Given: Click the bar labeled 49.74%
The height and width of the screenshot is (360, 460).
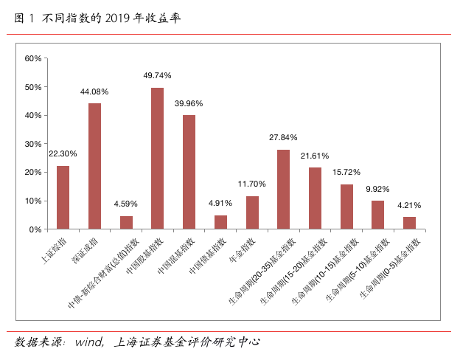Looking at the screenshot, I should pos(157,159).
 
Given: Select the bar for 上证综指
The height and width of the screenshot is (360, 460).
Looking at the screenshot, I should pos(63,198).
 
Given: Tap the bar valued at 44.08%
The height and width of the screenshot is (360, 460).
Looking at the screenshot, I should pos(94,167).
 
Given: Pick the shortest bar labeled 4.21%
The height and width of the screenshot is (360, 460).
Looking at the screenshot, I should pos(409,224).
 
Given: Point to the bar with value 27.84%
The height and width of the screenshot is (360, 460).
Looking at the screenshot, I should pos(283,190).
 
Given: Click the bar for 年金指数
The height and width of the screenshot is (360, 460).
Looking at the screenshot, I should pos(252,212).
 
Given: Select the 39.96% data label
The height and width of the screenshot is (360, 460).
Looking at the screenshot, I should pos(189,103).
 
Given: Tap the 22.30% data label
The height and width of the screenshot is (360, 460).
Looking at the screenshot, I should pos(63,153).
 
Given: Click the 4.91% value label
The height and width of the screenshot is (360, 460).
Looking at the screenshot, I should pos(220,203).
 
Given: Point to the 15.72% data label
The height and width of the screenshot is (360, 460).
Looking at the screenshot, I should pos(346,172).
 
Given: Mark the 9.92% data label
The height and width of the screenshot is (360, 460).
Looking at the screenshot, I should pos(377,189).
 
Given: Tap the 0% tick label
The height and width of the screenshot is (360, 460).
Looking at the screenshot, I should pos(35,229).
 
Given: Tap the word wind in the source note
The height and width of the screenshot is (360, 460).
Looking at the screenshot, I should pos(89,342).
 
